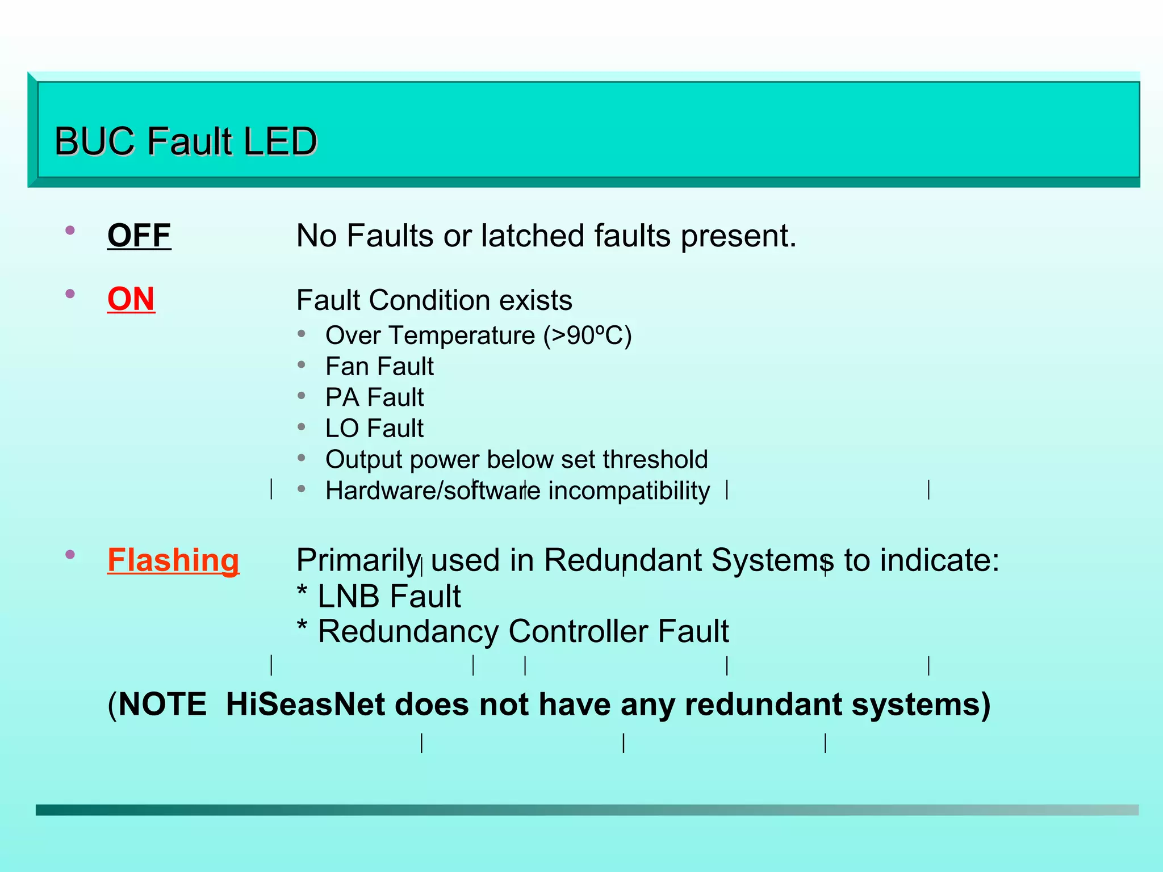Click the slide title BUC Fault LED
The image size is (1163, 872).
coord(186,141)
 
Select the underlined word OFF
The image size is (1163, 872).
coord(139,236)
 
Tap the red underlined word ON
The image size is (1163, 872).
coord(131,299)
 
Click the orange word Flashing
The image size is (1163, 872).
coord(173,560)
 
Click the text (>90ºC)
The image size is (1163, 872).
coord(587,336)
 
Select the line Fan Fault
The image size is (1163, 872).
coord(379,367)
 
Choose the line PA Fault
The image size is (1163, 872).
coord(374,397)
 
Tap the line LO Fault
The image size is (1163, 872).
coord(374,429)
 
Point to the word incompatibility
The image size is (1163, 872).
coord(629,491)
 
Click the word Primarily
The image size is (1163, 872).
coord(358,560)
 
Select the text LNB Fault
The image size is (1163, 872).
coord(389,597)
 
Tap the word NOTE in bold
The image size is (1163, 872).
coord(162,705)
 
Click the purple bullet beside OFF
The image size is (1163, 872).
coord(70,230)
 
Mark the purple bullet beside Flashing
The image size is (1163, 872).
coord(70,555)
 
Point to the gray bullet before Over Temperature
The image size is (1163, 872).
coord(302,333)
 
